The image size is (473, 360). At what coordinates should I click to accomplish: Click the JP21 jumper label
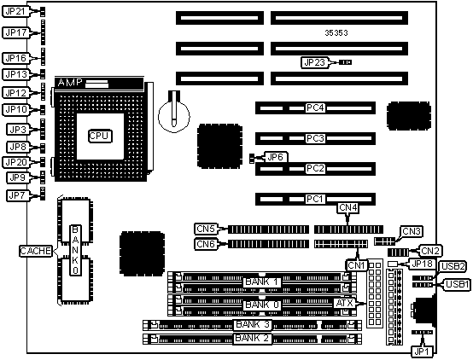coord(15,11)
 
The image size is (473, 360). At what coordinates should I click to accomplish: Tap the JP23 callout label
coord(314,62)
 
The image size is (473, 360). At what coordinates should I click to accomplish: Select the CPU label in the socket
coord(100,136)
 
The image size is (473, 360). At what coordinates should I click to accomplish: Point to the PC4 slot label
coord(315,107)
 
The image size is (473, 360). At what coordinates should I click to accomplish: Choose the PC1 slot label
coord(315,199)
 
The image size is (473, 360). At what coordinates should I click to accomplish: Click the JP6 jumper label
coord(275,157)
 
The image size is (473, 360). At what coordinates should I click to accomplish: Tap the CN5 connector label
coord(206,229)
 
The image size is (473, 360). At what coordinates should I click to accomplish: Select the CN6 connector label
coord(206,244)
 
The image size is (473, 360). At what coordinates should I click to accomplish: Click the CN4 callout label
coord(347,208)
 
